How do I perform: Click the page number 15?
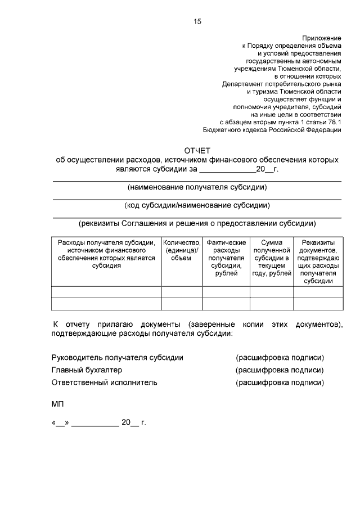197,21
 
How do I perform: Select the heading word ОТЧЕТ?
197,150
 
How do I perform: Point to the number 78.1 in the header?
333,121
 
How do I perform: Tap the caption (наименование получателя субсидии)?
197,187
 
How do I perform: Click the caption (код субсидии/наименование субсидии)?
197,205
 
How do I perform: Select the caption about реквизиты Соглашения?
197,223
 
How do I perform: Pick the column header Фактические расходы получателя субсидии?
226,258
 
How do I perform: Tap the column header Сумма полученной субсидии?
271,258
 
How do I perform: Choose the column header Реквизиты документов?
318,262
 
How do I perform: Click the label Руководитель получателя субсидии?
117,357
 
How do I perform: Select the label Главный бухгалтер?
87,370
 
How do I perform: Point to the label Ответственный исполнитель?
104,382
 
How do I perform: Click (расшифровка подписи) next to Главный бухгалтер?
280,370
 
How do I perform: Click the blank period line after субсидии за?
227,169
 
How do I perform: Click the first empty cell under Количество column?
182,291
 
